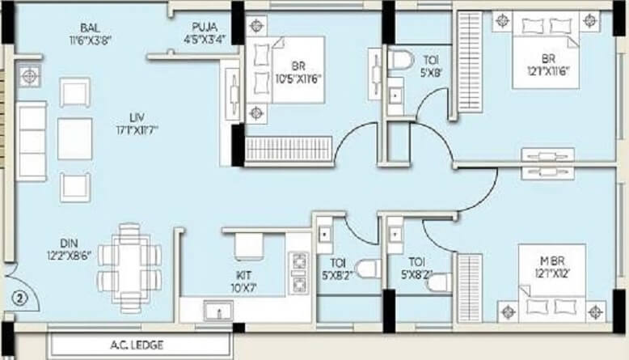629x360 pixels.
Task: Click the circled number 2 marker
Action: tap(20, 297)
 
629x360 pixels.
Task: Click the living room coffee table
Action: tap(75, 140)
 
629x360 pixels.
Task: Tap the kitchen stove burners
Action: tap(299, 273)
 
